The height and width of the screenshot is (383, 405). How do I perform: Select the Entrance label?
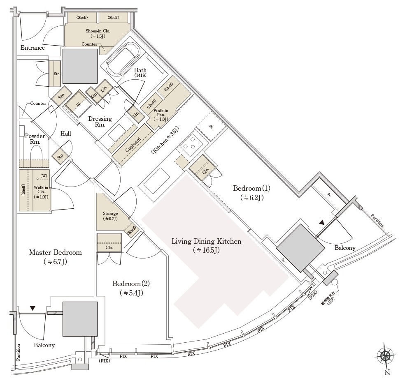point(33,48)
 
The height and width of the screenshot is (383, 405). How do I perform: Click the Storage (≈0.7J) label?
point(110,216)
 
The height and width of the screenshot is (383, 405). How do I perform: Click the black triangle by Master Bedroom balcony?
point(33,308)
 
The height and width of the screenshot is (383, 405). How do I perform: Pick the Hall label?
point(65,134)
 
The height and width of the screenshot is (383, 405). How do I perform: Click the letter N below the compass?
point(386,373)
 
